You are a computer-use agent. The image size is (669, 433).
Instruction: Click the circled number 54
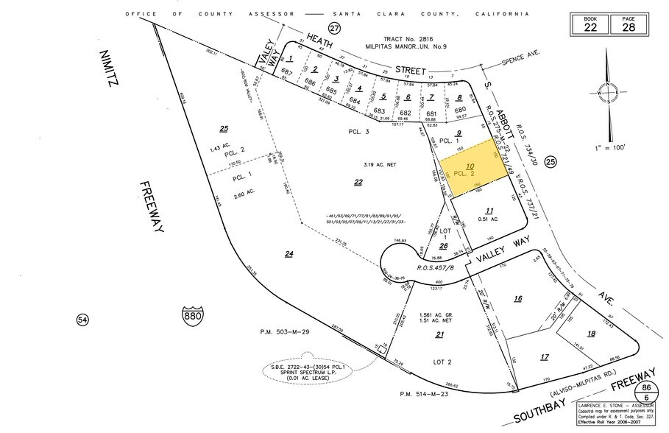82,320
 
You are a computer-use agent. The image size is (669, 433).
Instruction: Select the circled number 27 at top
336,28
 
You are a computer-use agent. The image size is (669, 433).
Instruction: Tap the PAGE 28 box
628,23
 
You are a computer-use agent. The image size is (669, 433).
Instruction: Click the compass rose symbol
608,94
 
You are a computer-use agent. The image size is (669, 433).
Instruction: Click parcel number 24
289,254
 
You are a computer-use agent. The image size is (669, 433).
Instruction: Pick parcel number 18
590,334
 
